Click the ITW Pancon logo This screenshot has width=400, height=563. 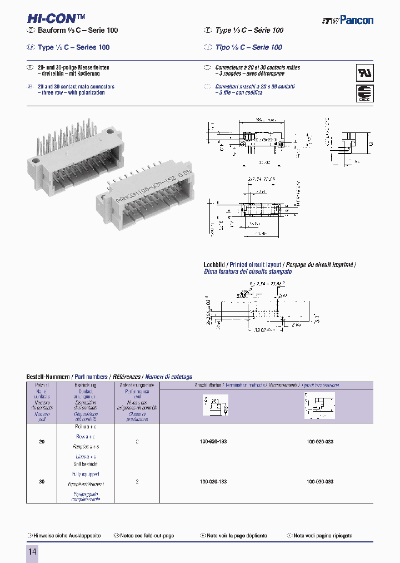(x=348, y=20)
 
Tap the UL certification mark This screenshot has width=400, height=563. (x=364, y=73)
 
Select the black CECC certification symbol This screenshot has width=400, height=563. (x=364, y=93)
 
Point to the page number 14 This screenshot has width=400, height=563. (x=32, y=551)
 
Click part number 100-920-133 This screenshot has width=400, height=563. (x=213, y=441)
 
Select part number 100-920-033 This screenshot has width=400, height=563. (x=320, y=441)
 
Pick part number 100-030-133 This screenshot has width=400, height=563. (x=213, y=481)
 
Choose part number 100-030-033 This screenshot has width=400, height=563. (x=320, y=481)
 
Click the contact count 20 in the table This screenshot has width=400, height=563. (x=42, y=441)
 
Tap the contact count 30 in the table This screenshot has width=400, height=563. (x=42, y=481)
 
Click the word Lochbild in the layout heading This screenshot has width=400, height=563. (x=214, y=265)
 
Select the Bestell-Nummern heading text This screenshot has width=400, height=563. (x=48, y=377)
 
